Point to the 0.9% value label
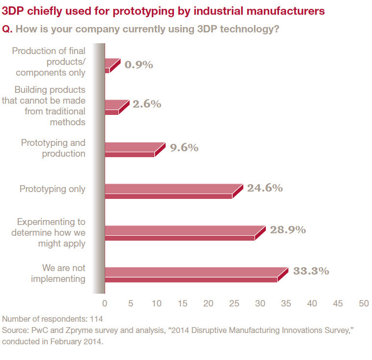click(x=139, y=64)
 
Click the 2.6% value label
click(x=146, y=104)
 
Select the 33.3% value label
click(x=311, y=271)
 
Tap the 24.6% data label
click(x=265, y=188)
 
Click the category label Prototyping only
click(x=53, y=189)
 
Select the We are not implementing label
click(x=57, y=274)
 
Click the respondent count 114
click(x=96, y=318)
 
